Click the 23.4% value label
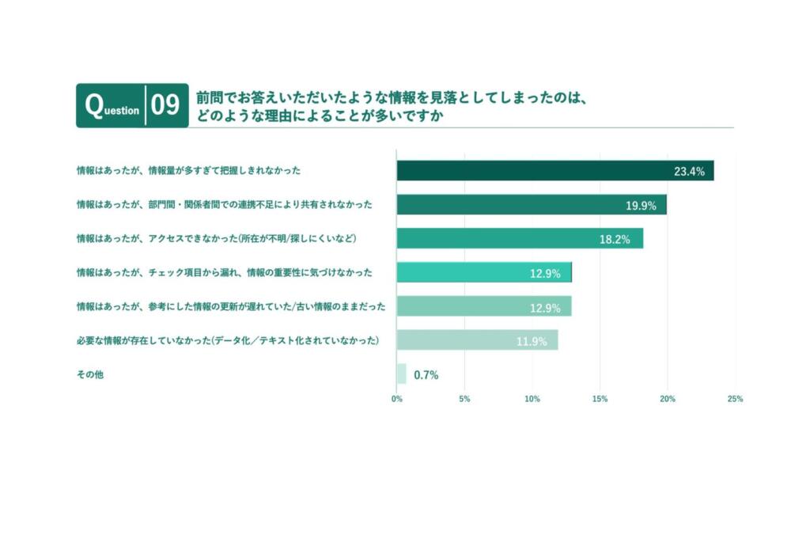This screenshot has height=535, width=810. click(689, 171)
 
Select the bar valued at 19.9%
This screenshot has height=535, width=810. click(531, 205)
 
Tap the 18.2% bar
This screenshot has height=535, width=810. click(519, 238)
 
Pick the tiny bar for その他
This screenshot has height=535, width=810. click(401, 374)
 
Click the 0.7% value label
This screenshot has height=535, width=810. click(426, 374)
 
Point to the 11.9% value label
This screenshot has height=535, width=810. click(531, 342)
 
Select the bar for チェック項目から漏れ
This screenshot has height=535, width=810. click(483, 272)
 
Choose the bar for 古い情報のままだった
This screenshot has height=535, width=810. click(483, 306)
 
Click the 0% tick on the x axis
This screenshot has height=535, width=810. click(397, 399)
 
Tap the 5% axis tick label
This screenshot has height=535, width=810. click(464, 399)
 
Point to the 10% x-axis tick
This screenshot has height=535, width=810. click(532, 399)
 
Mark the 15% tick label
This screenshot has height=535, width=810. click(600, 399)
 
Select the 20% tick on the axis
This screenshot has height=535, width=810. click(668, 399)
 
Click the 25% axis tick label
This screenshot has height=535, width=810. click(735, 399)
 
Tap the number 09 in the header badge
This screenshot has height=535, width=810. click(165, 106)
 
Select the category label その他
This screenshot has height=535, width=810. click(89, 374)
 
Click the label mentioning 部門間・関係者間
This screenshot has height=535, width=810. click(225, 205)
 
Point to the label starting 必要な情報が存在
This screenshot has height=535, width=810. click(228, 340)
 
